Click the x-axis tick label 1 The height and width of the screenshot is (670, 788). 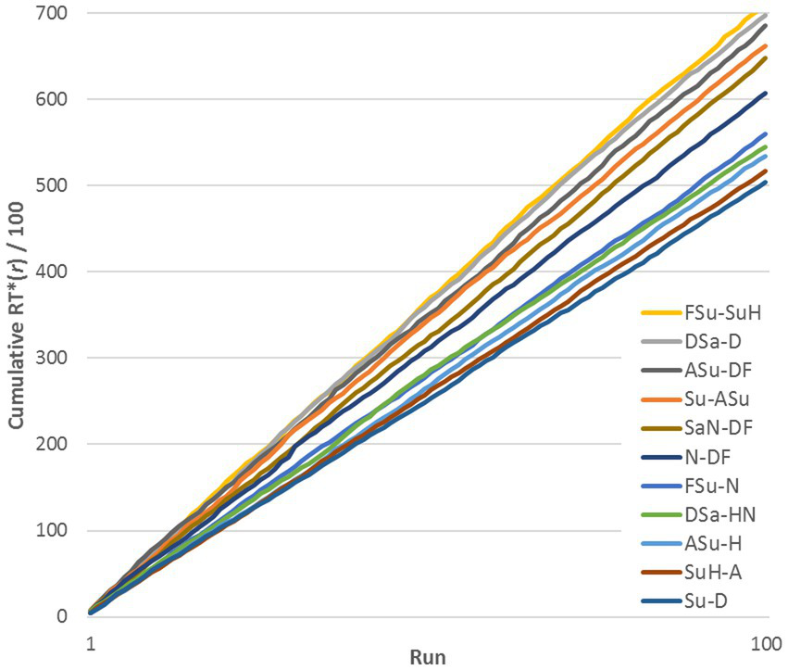(x=91, y=642)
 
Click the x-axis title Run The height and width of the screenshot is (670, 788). (x=428, y=657)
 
